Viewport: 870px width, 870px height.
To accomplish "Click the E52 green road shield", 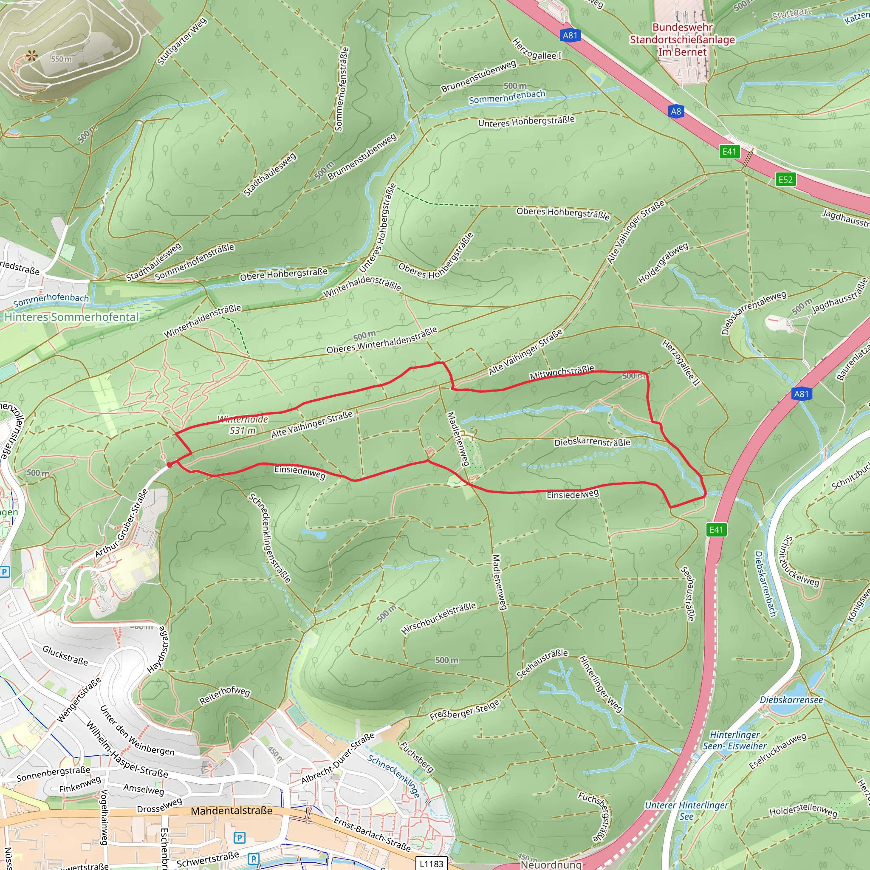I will click(x=785, y=180).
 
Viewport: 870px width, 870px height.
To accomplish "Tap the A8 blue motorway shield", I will click(x=676, y=112).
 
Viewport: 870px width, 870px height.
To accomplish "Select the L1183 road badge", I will click(x=432, y=863).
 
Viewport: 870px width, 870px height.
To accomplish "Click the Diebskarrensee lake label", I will click(x=791, y=700).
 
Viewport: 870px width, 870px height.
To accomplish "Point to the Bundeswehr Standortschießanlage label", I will click(x=682, y=40).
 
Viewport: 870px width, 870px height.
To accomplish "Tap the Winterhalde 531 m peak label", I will click(x=243, y=425).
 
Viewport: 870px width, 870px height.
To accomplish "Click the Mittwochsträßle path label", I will click(x=562, y=373).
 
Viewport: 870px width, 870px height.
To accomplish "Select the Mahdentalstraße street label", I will click(x=232, y=811).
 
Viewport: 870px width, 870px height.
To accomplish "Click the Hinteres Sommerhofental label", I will click(x=72, y=317).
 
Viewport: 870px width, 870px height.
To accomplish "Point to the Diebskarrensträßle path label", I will click(x=592, y=442).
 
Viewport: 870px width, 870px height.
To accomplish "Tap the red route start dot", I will click(x=169, y=465).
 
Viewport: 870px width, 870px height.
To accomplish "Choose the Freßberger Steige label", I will click(x=464, y=709).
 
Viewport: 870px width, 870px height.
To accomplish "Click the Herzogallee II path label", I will click(x=681, y=363).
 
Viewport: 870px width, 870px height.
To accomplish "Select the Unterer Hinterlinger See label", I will click(x=686, y=811).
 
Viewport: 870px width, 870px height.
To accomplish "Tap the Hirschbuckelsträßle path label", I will click(x=438, y=619).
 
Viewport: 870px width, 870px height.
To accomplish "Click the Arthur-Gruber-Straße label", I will click(x=121, y=523).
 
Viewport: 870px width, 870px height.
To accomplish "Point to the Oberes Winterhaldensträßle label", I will click(x=382, y=340).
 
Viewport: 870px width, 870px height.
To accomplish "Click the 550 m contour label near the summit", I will click(x=61, y=59).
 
